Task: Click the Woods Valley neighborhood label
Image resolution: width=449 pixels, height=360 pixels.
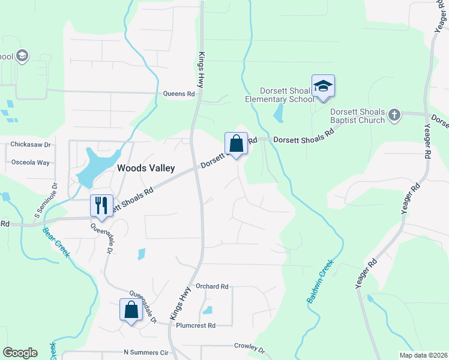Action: [146, 169]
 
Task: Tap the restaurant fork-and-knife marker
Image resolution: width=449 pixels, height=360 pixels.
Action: [101, 205]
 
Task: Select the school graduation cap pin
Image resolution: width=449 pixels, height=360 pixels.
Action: [323, 85]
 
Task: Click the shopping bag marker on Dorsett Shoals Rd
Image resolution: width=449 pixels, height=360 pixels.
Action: [236, 143]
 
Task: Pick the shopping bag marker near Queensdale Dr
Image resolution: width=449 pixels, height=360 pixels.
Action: [131, 310]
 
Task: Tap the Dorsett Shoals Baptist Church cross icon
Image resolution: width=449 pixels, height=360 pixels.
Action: [394, 114]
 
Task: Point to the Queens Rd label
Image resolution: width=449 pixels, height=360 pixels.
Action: [179, 94]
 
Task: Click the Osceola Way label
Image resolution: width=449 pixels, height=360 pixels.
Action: [31, 163]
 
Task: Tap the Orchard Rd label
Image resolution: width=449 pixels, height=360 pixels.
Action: [212, 287]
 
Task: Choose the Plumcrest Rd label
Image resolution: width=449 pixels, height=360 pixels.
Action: [196, 326]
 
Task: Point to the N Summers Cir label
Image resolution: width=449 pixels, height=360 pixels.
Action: [146, 352]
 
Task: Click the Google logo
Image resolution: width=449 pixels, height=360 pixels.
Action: [20, 353]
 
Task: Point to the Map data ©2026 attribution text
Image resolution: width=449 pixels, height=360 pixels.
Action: [423, 355]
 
